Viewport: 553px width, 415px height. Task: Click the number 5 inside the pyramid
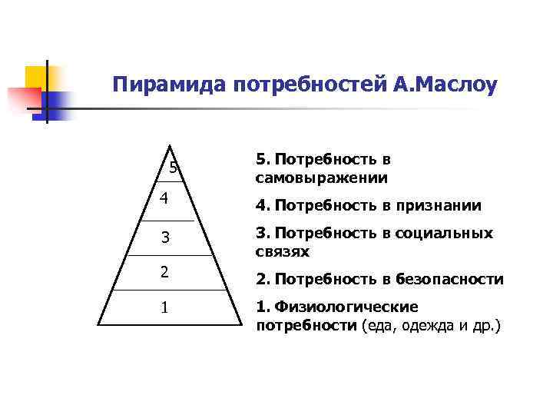[x=174, y=168]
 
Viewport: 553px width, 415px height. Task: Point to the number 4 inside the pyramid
[x=164, y=198]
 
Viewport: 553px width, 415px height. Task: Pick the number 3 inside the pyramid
[x=165, y=237]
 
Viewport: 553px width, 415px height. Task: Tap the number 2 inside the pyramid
[x=164, y=271]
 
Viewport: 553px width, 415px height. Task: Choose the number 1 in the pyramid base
[x=164, y=308]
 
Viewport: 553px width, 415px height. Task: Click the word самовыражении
[x=322, y=178]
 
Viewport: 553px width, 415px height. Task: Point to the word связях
[x=282, y=251]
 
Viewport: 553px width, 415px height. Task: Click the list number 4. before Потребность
[x=262, y=205]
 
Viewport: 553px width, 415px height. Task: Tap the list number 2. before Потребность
[x=262, y=279]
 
